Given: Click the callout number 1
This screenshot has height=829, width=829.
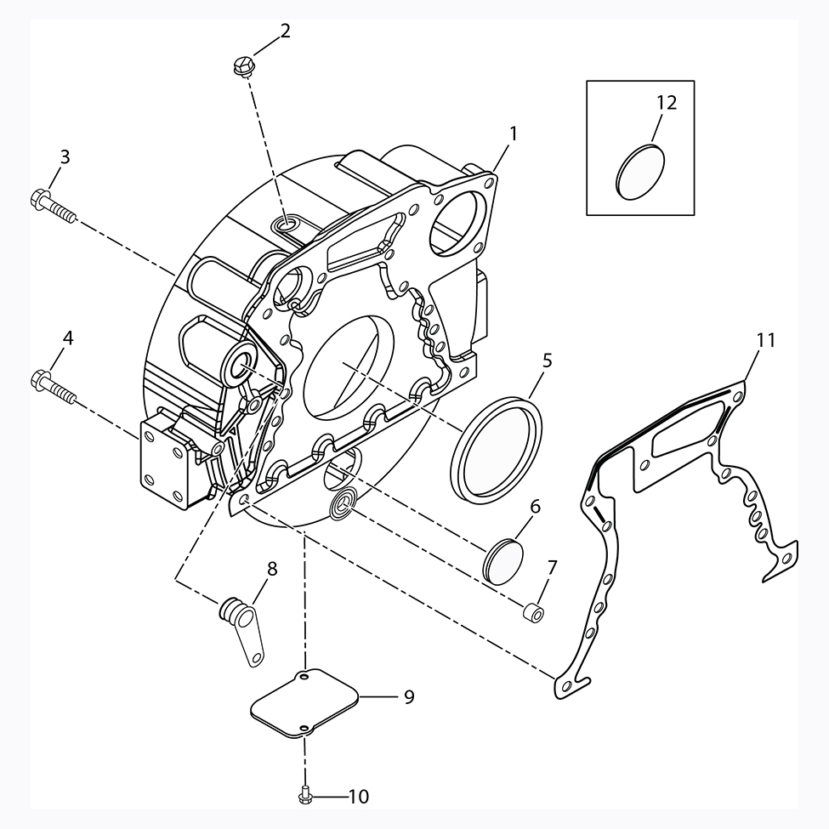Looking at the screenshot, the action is click(513, 133).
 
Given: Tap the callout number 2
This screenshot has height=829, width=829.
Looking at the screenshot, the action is click(286, 31).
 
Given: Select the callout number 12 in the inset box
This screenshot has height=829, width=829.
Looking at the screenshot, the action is click(667, 102).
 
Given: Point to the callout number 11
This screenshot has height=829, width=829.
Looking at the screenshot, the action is click(765, 340).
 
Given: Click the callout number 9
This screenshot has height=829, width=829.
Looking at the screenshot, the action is click(409, 697).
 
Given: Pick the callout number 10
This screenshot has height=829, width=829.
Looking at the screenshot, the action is click(359, 796).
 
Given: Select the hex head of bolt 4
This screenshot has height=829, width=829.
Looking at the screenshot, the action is click(41, 379).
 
